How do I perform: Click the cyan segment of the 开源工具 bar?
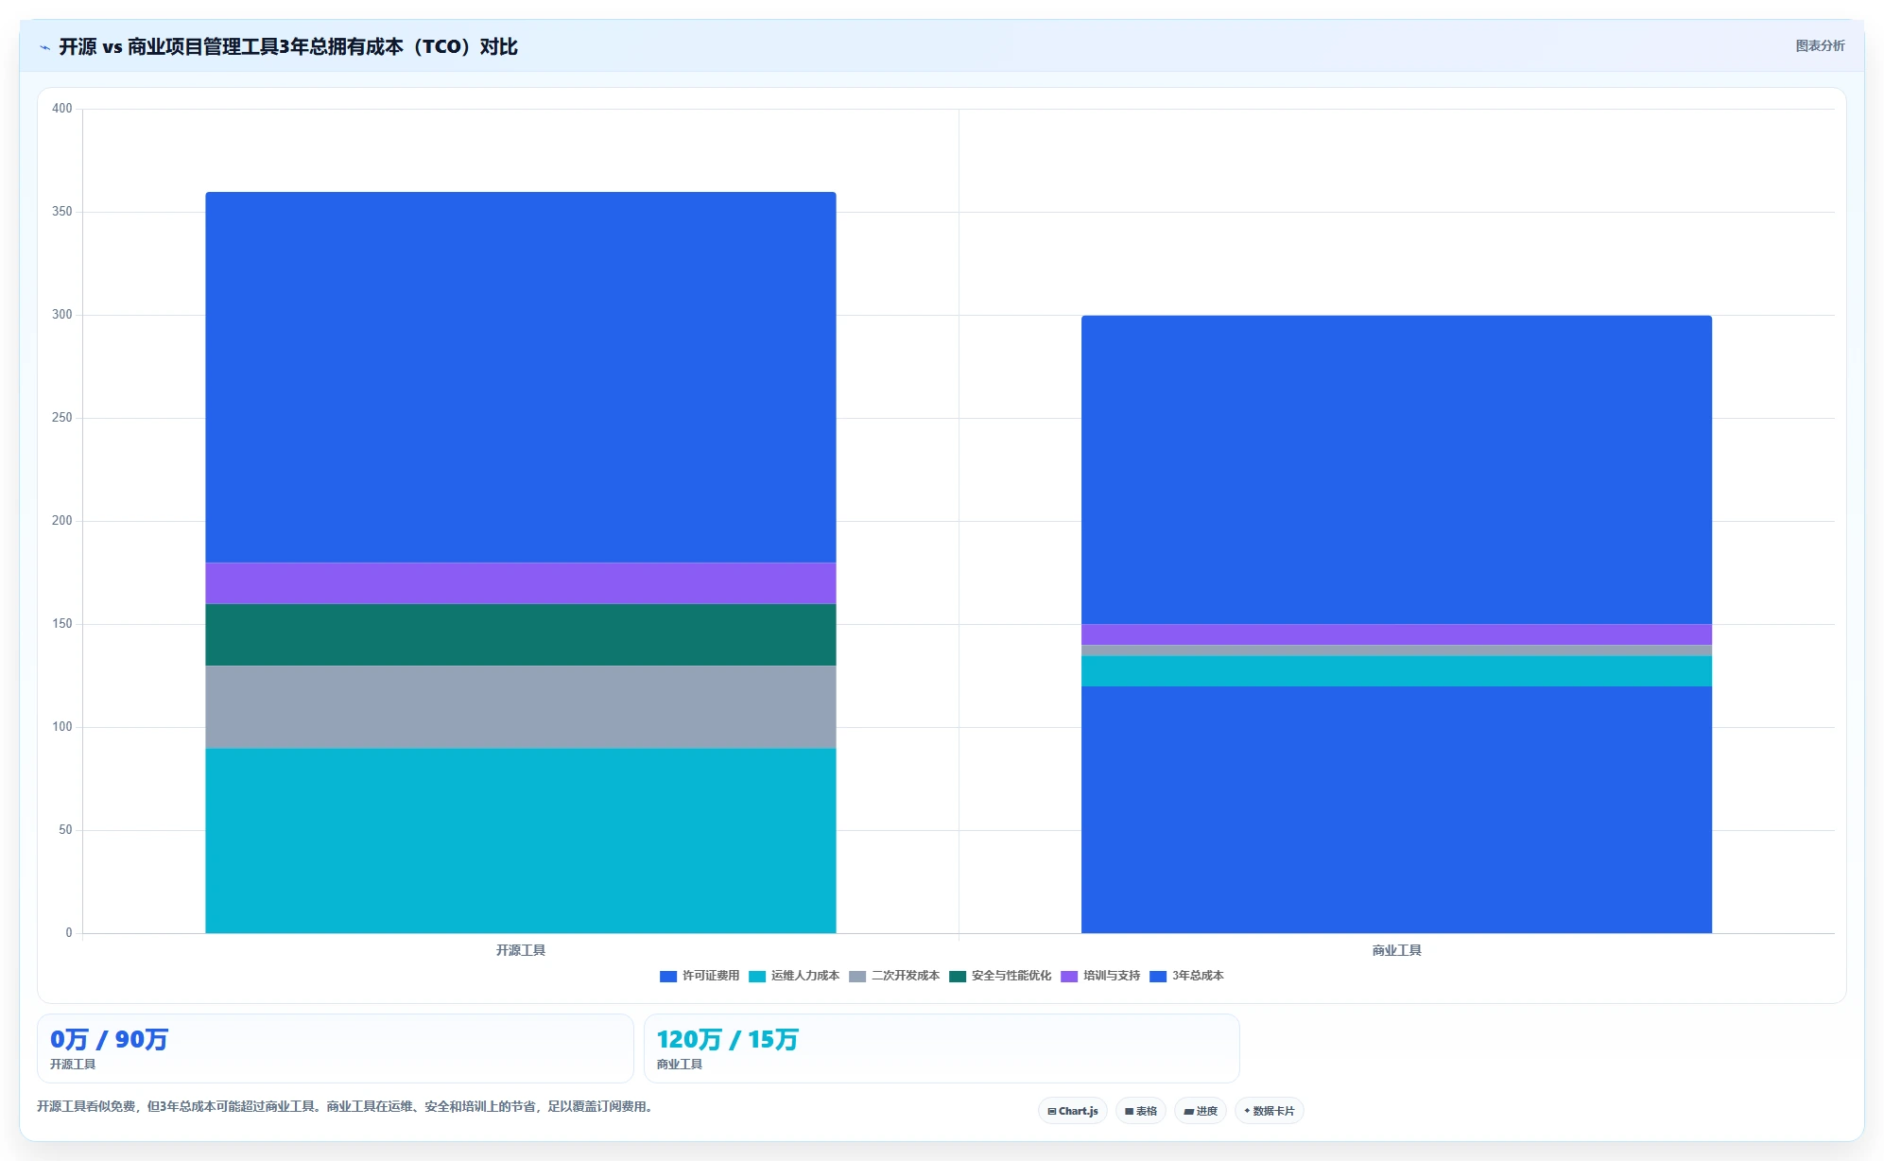tap(520, 840)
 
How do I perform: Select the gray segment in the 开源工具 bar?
tap(520, 707)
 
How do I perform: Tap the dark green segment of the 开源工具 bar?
tap(520, 635)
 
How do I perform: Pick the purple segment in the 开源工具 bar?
tap(520, 583)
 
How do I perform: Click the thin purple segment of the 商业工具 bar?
tap(1396, 634)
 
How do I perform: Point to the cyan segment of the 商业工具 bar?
tap(1396, 671)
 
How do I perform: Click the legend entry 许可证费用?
tap(700, 976)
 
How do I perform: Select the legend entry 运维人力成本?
tap(794, 976)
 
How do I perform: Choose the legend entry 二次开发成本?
tap(894, 976)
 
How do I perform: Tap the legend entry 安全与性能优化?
tap(1000, 976)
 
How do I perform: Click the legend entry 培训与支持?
tap(1100, 976)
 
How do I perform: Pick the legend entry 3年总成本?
tap(1186, 976)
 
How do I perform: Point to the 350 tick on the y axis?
tap(62, 212)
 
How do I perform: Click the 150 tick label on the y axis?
tap(62, 624)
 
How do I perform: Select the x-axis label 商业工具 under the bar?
tap(1396, 950)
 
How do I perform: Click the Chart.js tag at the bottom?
tap(1073, 1111)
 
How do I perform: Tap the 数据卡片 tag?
tap(1270, 1111)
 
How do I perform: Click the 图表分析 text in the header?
tap(1820, 45)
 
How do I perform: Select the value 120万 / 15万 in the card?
tap(727, 1040)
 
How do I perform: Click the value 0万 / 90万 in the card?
tap(109, 1040)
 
